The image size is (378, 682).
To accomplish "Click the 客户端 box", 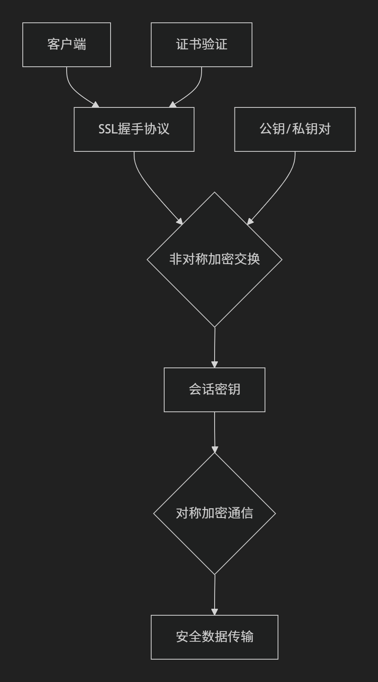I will (67, 45).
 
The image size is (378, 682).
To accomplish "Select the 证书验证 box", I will (201, 45).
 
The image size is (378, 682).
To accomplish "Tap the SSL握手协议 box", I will (134, 129).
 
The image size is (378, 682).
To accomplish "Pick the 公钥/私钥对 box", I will (295, 129).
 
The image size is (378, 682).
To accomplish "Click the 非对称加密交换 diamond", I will (214, 259).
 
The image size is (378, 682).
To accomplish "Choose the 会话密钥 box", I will (214, 389).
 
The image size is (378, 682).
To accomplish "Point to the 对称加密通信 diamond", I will (214, 513).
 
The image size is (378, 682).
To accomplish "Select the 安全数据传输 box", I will (214, 637).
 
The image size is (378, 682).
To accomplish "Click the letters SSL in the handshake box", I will (108, 129).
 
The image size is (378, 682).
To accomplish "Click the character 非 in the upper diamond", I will (175, 259).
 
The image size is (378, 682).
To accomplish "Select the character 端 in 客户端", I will (80, 45).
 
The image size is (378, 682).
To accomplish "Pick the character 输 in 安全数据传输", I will (247, 637).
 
